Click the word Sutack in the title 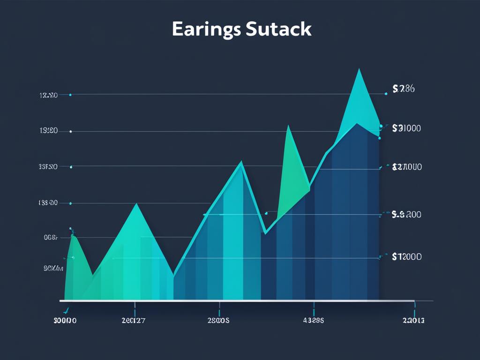[x=277, y=29]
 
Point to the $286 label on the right [x=403, y=89]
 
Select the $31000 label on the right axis [x=406, y=127]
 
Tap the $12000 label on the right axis [x=406, y=256]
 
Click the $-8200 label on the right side [x=406, y=215]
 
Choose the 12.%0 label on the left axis [x=48, y=95]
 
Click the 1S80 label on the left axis [x=48, y=131]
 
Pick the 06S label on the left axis [x=50, y=238]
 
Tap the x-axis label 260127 [x=134, y=321]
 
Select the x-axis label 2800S [x=218, y=321]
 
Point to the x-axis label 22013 [x=414, y=321]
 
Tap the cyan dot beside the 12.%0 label [x=70, y=95]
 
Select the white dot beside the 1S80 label [x=70, y=132]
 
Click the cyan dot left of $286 [x=386, y=94]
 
